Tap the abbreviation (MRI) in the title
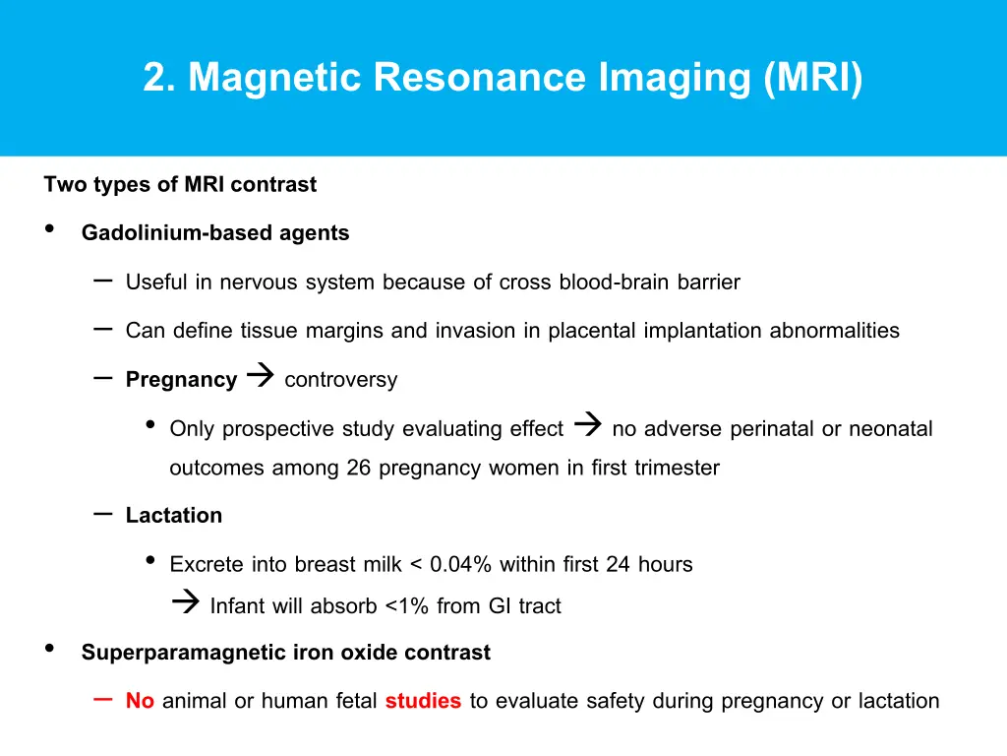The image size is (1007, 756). coord(812,78)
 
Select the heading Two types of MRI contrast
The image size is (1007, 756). coord(180,185)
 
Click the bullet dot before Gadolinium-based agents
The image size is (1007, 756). coord(50,231)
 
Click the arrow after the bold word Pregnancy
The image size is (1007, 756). coord(260,377)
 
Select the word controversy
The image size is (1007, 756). coord(341,380)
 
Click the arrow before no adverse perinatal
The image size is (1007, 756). coord(587,426)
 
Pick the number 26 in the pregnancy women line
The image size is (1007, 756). coord(358,469)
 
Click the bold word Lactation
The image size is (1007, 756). coord(174,516)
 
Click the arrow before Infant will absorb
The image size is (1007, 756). coord(185,603)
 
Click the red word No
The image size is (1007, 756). coord(140,702)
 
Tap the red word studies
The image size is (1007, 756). coord(423,702)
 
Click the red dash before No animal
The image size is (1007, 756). coord(102,699)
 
